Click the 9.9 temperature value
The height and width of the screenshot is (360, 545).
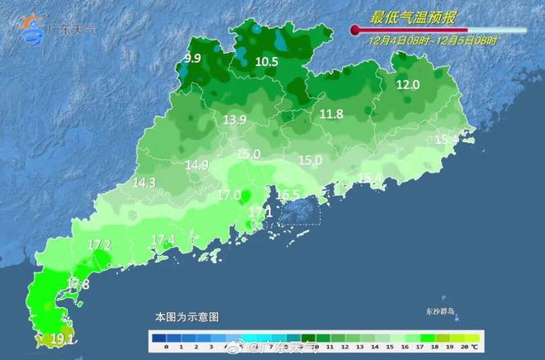(x=193, y=58)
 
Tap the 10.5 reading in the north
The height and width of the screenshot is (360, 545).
(x=267, y=62)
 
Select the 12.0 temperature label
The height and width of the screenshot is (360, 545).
(x=408, y=85)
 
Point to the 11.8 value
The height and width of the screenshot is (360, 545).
(x=332, y=114)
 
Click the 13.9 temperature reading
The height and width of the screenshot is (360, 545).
(x=235, y=121)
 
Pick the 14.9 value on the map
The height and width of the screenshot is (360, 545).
(x=197, y=165)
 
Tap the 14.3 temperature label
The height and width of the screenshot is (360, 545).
(x=144, y=182)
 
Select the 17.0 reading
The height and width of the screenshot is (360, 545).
(x=229, y=196)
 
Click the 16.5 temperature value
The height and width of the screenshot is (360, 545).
(x=288, y=195)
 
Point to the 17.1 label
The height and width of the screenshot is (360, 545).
(x=260, y=213)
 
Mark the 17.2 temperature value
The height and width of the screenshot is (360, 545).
(x=100, y=244)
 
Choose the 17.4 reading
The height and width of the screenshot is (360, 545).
(x=163, y=240)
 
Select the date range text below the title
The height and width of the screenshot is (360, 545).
(x=434, y=40)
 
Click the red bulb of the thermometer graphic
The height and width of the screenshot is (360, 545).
(x=356, y=31)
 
